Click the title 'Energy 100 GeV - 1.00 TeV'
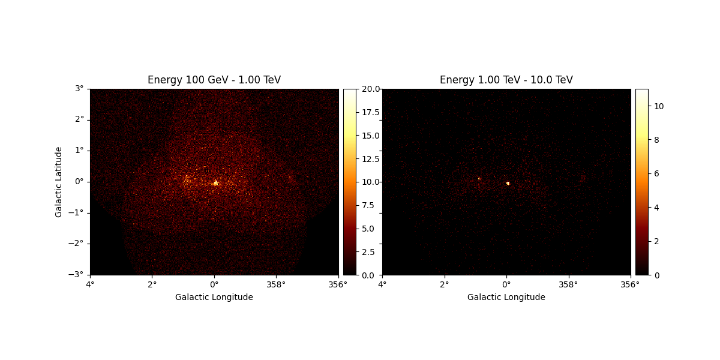[214, 80]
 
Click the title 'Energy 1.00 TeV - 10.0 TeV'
[506, 80]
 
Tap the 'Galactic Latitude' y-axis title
[59, 182]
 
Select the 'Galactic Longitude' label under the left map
[214, 297]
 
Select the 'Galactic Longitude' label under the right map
[506, 297]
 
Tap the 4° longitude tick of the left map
[90, 284]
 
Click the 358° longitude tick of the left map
[276, 284]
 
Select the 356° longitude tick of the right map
[630, 284]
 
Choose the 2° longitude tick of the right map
[445, 284]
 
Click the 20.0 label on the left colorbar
[370, 89]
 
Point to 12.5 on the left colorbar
[370, 158]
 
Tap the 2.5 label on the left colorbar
[368, 251]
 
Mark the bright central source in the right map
[508, 183]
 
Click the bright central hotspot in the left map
[215, 183]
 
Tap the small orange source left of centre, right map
[479, 179]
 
